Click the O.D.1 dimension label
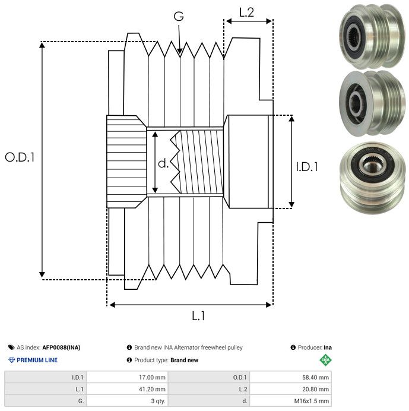[21, 158]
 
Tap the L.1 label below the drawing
[198, 316]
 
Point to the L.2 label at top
[246, 11]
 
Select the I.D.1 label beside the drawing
[307, 167]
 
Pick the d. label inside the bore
[163, 163]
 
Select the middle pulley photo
[366, 101]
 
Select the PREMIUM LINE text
[37, 360]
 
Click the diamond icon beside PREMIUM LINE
[11, 360]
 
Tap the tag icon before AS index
[11, 347]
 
